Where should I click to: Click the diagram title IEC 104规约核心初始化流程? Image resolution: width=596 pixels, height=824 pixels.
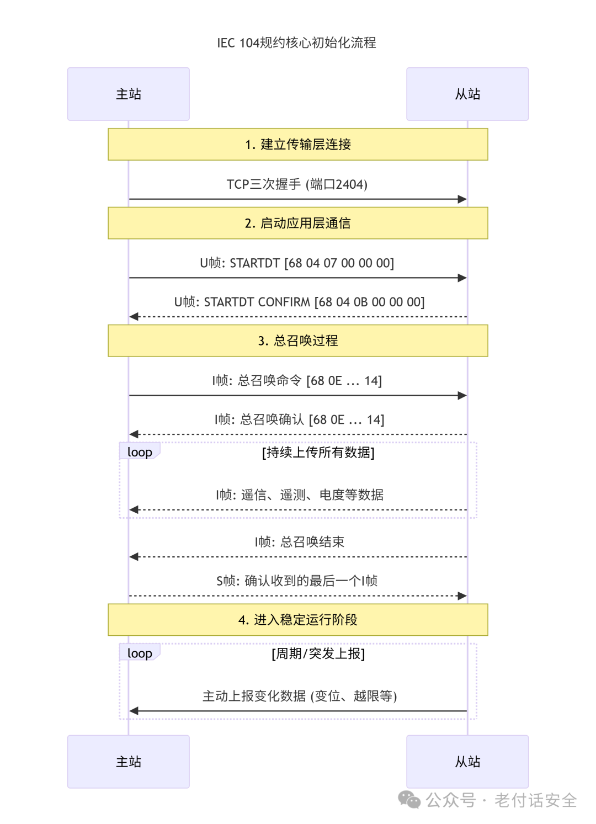(x=296, y=42)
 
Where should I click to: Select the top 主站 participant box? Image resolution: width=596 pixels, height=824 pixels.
(x=129, y=94)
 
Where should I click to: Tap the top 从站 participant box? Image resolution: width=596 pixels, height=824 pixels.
(x=467, y=94)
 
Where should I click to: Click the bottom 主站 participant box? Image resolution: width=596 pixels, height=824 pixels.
(x=129, y=762)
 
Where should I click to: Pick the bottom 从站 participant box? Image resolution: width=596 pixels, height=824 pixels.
(x=467, y=762)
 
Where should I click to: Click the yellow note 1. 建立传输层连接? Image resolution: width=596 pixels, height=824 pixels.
(x=298, y=144)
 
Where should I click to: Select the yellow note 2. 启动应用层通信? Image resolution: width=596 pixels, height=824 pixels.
(x=298, y=223)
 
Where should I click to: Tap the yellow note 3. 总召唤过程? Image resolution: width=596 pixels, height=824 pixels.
(x=298, y=341)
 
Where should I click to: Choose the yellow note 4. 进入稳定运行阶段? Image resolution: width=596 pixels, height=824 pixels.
(x=298, y=620)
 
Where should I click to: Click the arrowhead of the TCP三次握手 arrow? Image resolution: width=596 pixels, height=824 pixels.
(x=462, y=199)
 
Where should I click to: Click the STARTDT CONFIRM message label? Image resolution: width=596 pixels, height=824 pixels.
(x=299, y=302)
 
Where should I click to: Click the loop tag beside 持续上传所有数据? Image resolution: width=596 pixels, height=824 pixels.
(x=140, y=451)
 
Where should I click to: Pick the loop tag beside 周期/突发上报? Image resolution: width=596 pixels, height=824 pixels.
(x=140, y=653)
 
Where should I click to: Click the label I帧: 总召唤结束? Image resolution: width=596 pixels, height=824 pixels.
(x=300, y=542)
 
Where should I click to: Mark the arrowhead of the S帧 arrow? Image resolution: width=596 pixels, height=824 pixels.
(x=462, y=596)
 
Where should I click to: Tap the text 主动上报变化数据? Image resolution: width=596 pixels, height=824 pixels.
(x=254, y=696)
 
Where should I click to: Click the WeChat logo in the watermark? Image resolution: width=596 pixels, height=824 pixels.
(x=409, y=800)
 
